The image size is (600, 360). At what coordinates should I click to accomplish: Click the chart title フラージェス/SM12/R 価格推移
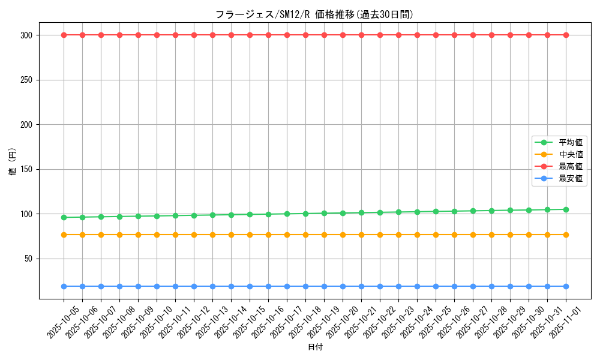(314, 14)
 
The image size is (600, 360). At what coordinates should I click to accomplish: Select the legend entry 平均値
(571, 142)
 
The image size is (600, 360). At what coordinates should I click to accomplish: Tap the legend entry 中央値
(571, 154)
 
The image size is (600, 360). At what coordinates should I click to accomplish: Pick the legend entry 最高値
(571, 166)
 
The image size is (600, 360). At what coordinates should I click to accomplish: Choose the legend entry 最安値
(571, 178)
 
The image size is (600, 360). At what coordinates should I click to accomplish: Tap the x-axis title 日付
(315, 347)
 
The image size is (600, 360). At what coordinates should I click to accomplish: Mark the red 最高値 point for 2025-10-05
(64, 35)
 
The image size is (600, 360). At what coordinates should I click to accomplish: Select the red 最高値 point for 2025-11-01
(566, 35)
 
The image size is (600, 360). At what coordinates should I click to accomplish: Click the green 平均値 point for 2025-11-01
(566, 209)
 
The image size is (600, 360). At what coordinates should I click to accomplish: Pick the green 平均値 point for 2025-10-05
(64, 217)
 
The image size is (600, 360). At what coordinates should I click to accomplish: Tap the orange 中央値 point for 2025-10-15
(250, 235)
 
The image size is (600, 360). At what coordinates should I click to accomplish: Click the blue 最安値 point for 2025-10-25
(436, 286)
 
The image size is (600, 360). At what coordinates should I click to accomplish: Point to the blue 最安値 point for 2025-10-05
(64, 286)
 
